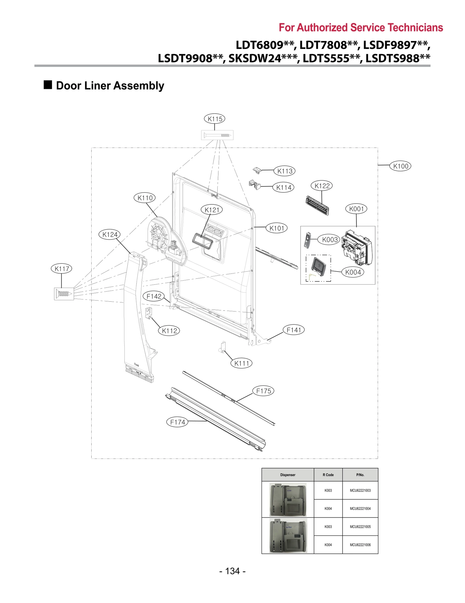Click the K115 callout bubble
[x=214, y=119]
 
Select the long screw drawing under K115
[x=217, y=135]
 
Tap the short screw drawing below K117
[x=64, y=294]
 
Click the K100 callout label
[x=400, y=166]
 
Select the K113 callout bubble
[x=285, y=171]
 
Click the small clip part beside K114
[x=255, y=185]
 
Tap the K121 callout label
[x=212, y=210]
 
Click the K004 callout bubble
[x=353, y=272]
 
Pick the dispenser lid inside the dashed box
[x=318, y=267]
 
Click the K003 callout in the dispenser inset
[x=330, y=240]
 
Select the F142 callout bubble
[x=154, y=296]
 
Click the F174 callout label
[x=177, y=422]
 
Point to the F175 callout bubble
[x=263, y=391]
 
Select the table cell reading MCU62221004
[x=360, y=509]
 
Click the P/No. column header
[x=360, y=475]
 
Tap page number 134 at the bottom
[x=232, y=571]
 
